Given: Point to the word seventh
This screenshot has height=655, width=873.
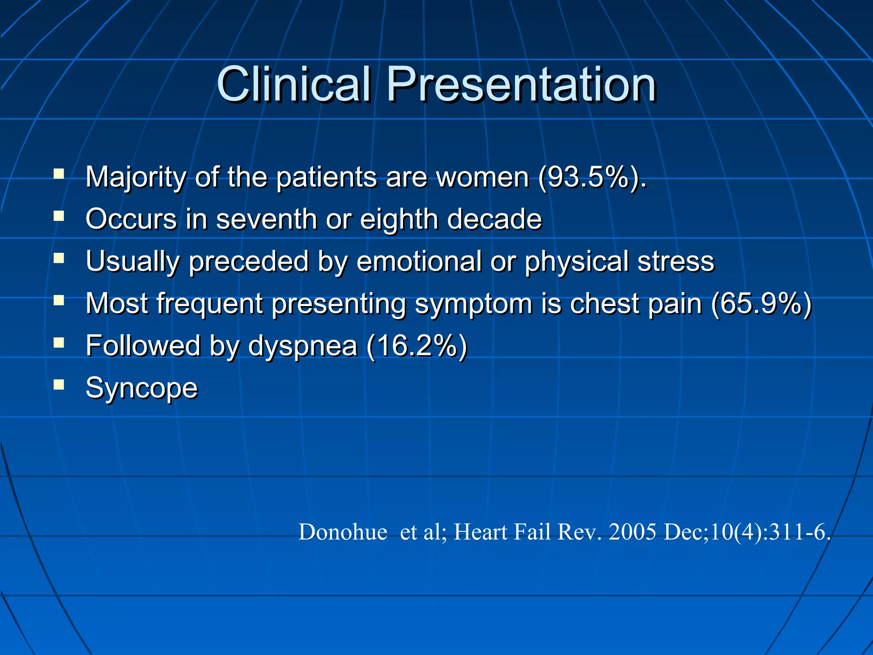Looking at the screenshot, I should point(266,219).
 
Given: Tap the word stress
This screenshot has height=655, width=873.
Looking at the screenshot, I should point(675,261).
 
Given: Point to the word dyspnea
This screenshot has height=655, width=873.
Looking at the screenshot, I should point(302,346).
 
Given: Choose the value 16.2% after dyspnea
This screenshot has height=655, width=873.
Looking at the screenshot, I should point(417,345).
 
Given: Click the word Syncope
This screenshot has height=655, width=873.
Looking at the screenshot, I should point(142,388).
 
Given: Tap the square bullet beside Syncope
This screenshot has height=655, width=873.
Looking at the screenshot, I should point(59,385).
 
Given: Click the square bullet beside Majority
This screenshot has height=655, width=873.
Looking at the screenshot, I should point(59,174).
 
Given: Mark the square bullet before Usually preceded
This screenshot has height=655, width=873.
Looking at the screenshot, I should point(59,258).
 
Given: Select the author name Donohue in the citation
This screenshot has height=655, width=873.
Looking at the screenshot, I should point(343,532).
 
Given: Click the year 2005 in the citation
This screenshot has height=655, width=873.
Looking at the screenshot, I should point(632,532).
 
